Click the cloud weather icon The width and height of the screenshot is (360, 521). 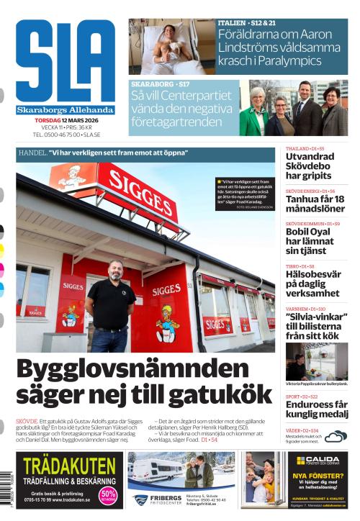pos(336,435)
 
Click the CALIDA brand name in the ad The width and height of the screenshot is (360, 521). pos(317,460)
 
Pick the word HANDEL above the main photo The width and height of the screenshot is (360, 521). pos(32,153)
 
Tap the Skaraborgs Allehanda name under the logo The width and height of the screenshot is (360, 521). pos(65,110)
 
